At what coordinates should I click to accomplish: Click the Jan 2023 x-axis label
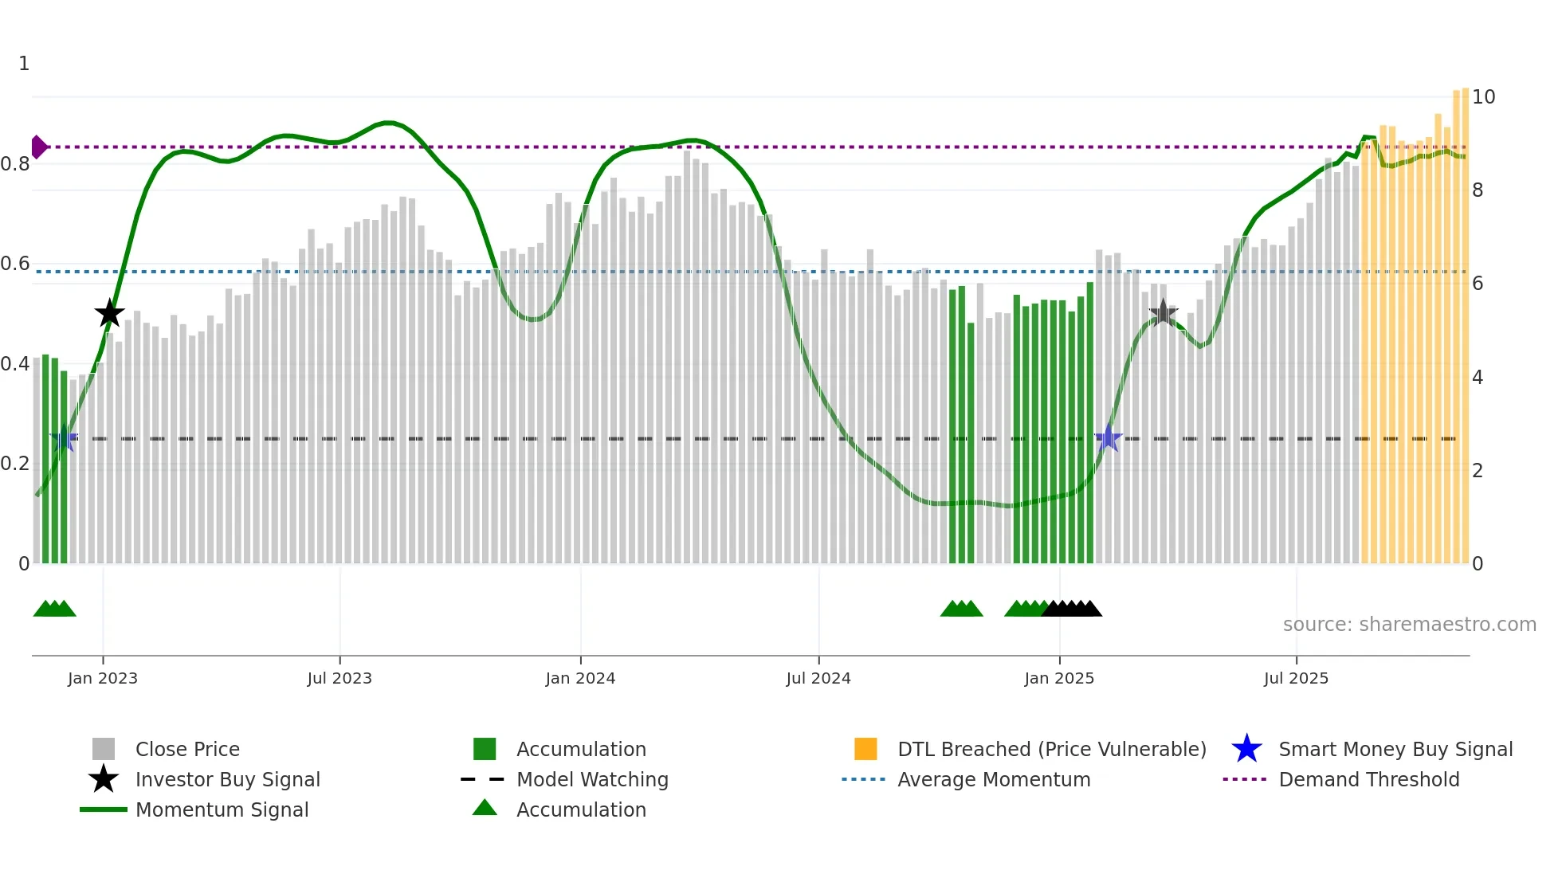pyautogui.click(x=103, y=678)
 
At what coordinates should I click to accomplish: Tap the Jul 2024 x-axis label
pyautogui.click(x=818, y=678)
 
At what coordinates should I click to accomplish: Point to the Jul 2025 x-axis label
pyautogui.click(x=1296, y=678)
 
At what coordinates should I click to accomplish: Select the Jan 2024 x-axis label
pyautogui.click(x=580, y=678)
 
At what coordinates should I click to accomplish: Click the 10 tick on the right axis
pyautogui.click(x=1483, y=97)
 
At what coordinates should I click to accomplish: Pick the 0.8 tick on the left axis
pyautogui.click(x=15, y=164)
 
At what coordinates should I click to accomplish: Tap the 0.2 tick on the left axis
pyautogui.click(x=15, y=464)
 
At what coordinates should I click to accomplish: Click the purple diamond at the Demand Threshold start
pyautogui.click(x=38, y=147)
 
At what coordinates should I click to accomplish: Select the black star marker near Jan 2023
pyautogui.click(x=110, y=313)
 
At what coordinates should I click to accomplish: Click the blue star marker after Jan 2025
pyautogui.click(x=1108, y=438)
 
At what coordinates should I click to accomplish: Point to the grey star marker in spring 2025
pyautogui.click(x=1163, y=312)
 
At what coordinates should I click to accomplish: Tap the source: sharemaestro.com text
pyautogui.click(x=1409, y=625)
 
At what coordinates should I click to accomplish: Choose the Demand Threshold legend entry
pyautogui.click(x=1368, y=779)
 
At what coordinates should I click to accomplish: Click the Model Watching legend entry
pyautogui.click(x=591, y=779)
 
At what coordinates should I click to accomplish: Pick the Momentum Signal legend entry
pyautogui.click(x=222, y=809)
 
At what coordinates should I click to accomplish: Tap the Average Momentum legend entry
pyautogui.click(x=993, y=779)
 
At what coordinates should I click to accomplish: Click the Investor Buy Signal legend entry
pyautogui.click(x=227, y=779)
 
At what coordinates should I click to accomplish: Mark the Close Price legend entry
pyautogui.click(x=187, y=749)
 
